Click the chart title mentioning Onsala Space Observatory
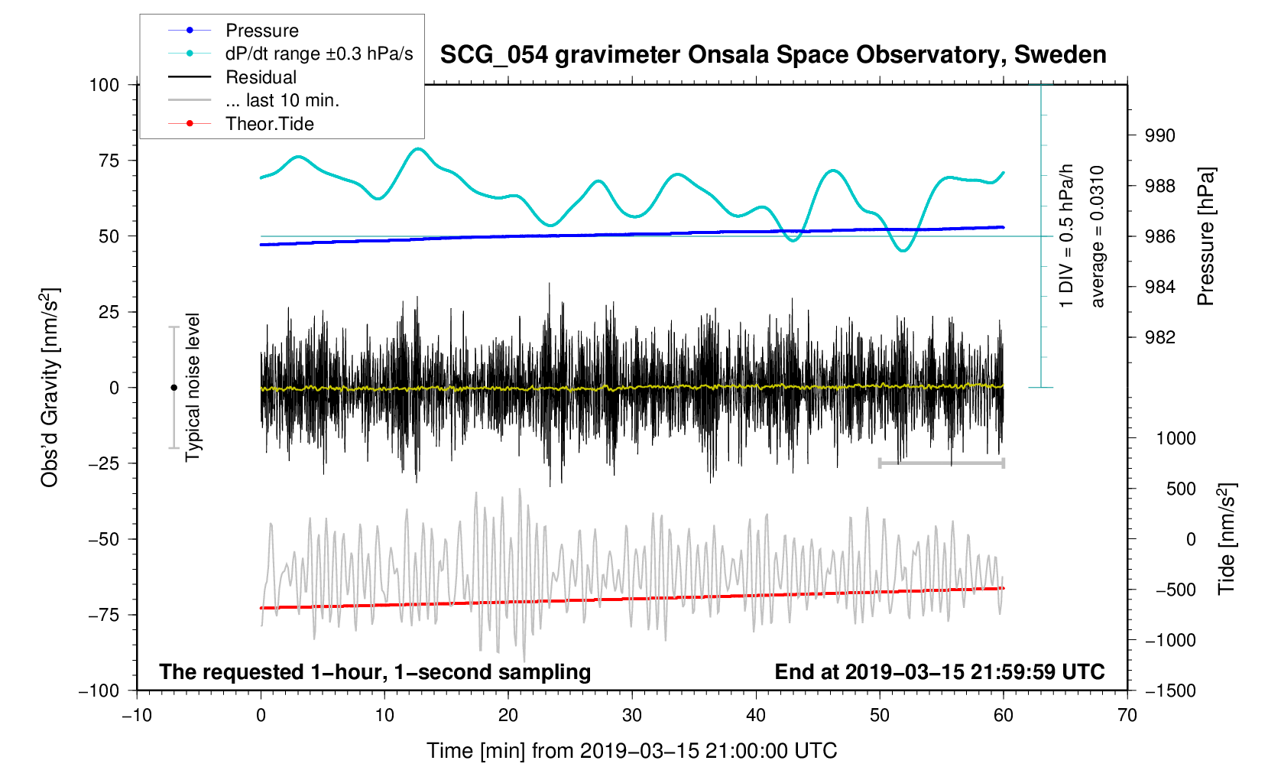(773, 55)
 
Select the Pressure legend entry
(261, 31)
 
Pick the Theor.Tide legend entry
(269, 124)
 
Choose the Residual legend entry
(261, 77)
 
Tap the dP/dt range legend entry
(319, 54)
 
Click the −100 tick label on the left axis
(99, 691)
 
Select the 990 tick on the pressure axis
(1159, 136)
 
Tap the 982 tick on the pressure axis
(1159, 338)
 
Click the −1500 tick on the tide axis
(1170, 691)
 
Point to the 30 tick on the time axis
(632, 716)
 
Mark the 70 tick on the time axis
(1127, 716)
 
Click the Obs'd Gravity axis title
(50, 388)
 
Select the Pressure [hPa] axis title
(1206, 236)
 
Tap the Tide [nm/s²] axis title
(1227, 539)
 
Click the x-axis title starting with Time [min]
(632, 751)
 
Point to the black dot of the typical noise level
(174, 388)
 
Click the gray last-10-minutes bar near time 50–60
(941, 463)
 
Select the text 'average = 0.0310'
(1098, 236)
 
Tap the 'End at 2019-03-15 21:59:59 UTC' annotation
(939, 672)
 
